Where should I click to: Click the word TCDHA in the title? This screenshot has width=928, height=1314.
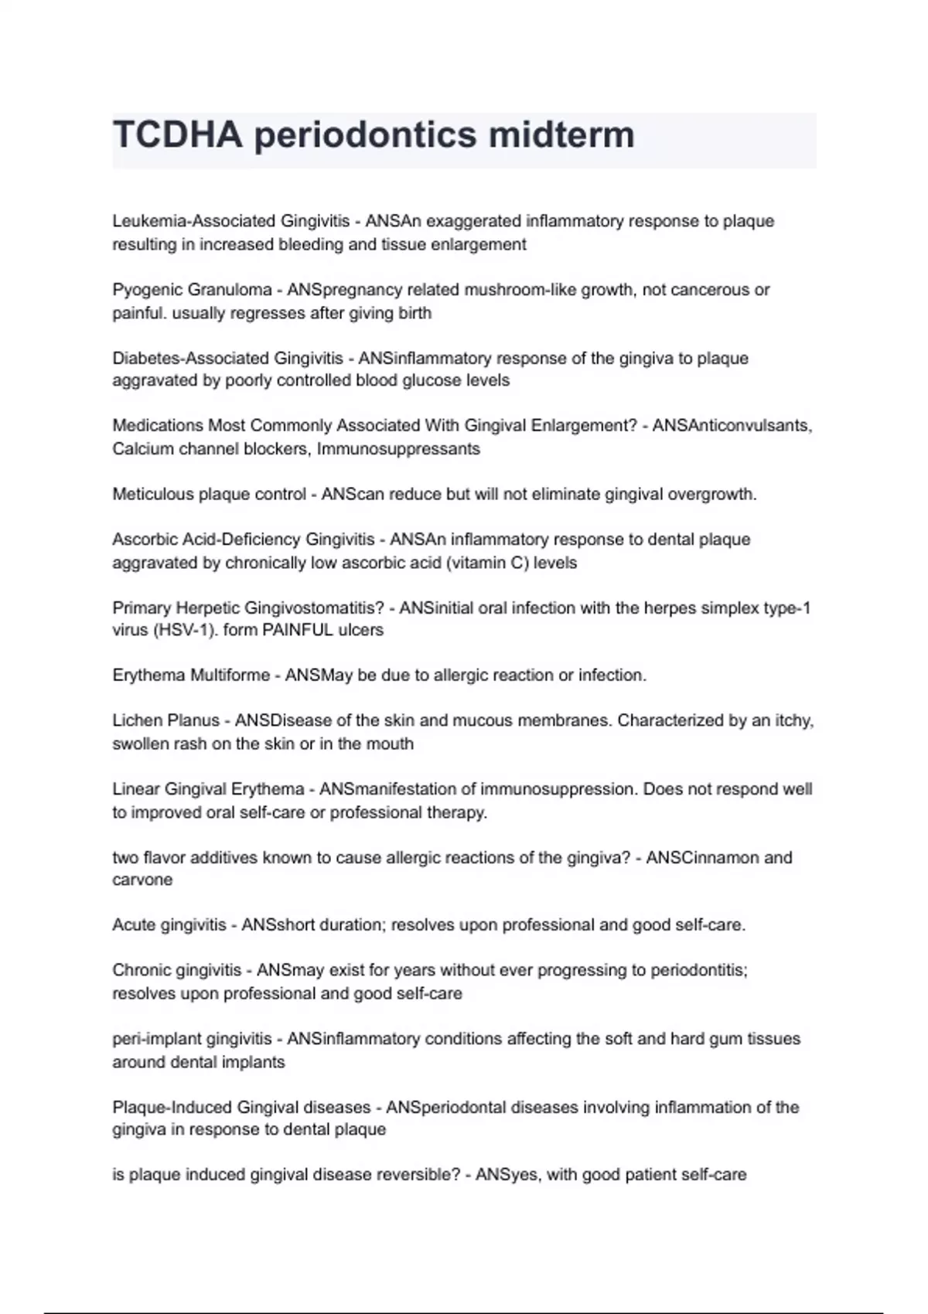(x=178, y=135)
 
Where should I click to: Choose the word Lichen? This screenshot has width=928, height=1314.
(x=135, y=721)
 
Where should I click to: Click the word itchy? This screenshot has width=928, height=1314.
(x=793, y=721)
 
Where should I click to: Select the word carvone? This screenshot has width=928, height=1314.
(x=142, y=880)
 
